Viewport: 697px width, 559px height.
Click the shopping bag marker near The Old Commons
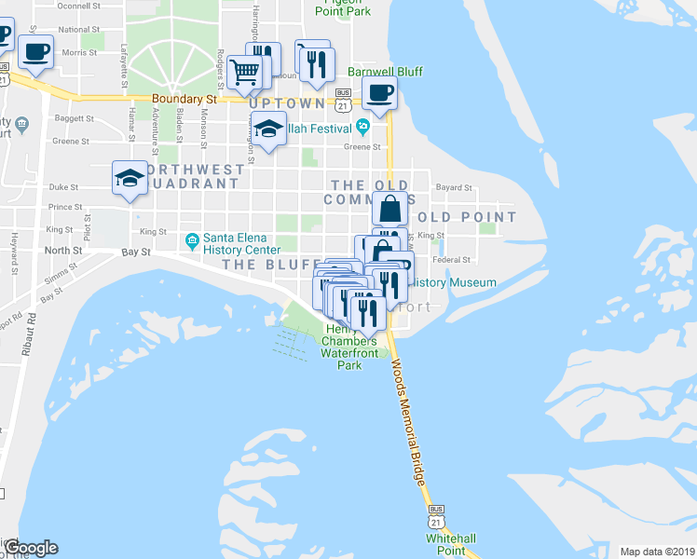[x=389, y=209]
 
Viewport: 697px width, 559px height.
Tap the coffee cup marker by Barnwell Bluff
[x=379, y=93]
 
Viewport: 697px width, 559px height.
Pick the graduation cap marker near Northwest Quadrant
[x=130, y=178]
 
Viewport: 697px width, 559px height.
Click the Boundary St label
[x=185, y=99]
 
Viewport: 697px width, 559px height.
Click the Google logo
[x=30, y=547]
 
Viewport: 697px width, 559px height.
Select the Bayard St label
[x=455, y=187]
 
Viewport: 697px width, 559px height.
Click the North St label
[x=63, y=251]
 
